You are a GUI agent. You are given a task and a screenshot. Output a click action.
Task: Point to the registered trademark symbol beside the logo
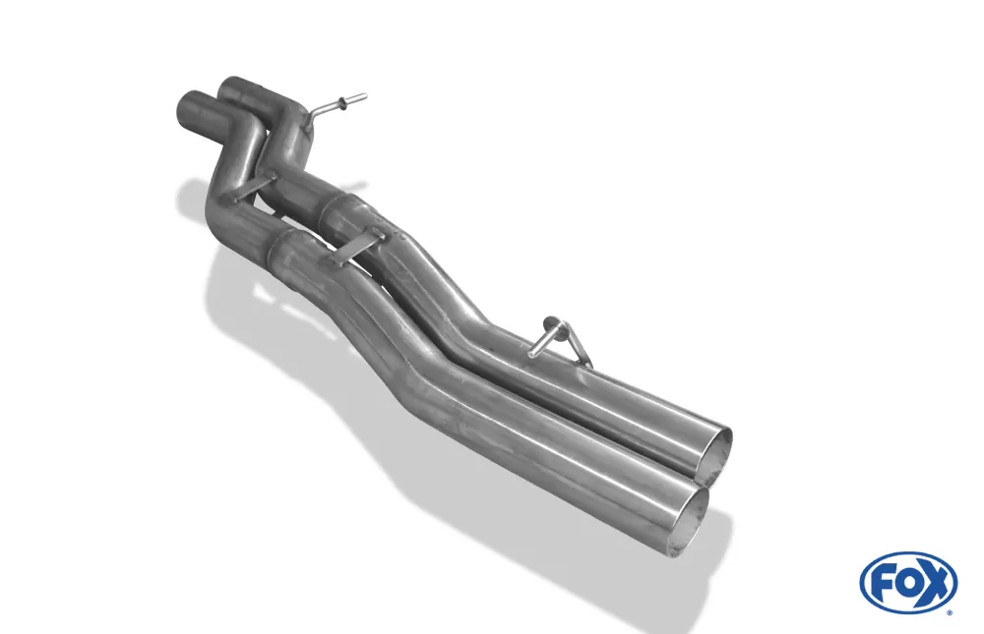coord(950,612)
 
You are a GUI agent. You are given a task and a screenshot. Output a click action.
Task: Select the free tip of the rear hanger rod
coord(531,356)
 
